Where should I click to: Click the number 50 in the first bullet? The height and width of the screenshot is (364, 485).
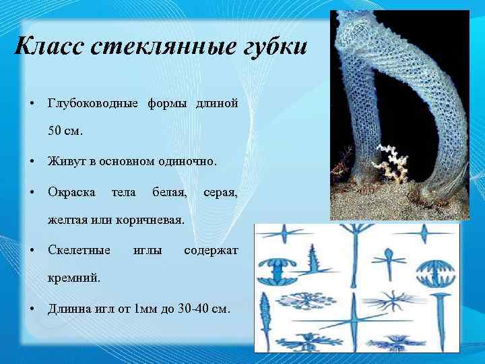(56, 131)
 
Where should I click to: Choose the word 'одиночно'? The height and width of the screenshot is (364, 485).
(186, 161)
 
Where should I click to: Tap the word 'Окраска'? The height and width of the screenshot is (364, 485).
(71, 192)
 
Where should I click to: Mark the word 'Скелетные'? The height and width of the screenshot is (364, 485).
(79, 250)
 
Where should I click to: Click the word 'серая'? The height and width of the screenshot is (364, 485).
(220, 192)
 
